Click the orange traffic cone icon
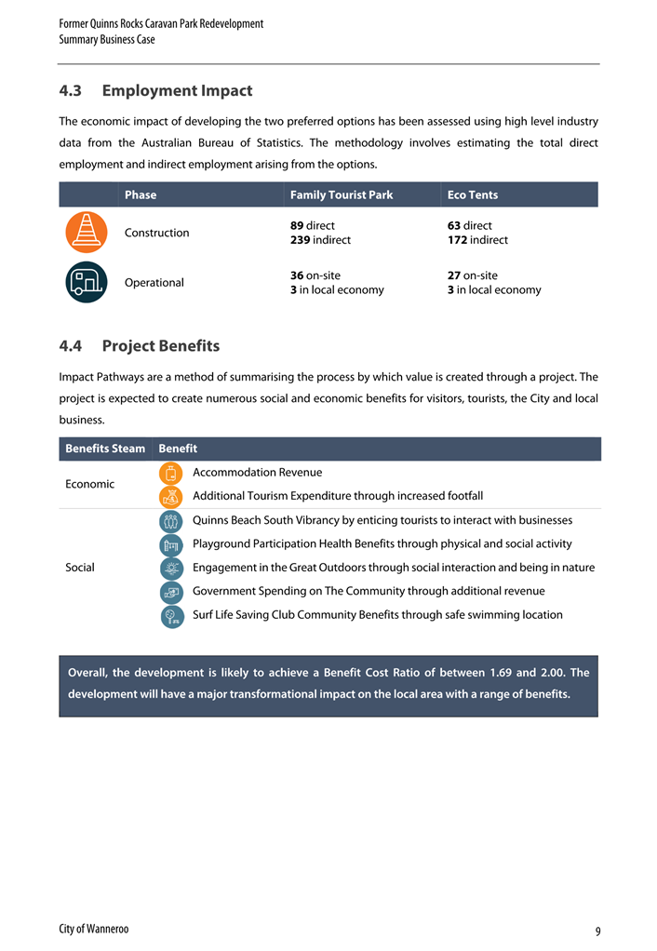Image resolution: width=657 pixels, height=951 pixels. pyautogui.click(x=87, y=233)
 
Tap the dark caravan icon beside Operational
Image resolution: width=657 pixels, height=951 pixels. pyautogui.click(x=87, y=282)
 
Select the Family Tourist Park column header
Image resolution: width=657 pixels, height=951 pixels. pyautogui.click(x=342, y=194)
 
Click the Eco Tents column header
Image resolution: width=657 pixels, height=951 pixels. pyautogui.click(x=472, y=194)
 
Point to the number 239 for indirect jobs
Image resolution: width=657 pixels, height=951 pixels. pyautogui.click(x=302, y=240)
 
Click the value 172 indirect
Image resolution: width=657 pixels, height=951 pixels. pyautogui.click(x=458, y=240)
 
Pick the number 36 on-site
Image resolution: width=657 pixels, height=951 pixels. pyautogui.click(x=297, y=275)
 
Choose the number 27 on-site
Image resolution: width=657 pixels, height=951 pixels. pyautogui.click(x=454, y=275)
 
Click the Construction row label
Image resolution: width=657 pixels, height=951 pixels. pyautogui.click(x=156, y=233)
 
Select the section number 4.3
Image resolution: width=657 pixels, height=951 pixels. pyautogui.click(x=71, y=91)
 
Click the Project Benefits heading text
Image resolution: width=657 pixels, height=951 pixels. pyautogui.click(x=161, y=346)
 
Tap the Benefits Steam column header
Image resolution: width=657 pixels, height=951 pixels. pyautogui.click(x=105, y=449)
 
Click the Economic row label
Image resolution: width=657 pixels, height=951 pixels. pyautogui.click(x=90, y=484)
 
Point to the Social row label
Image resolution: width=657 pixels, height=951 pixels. pyautogui.click(x=80, y=567)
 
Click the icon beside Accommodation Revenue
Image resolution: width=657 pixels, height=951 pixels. pyautogui.click(x=171, y=473)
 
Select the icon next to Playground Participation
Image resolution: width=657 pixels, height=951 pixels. pyautogui.click(x=171, y=544)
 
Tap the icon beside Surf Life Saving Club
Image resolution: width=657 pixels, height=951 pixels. pyautogui.click(x=171, y=615)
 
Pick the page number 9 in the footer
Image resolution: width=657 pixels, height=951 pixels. pyautogui.click(x=597, y=931)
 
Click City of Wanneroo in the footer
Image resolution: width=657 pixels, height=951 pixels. pyautogui.click(x=94, y=929)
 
